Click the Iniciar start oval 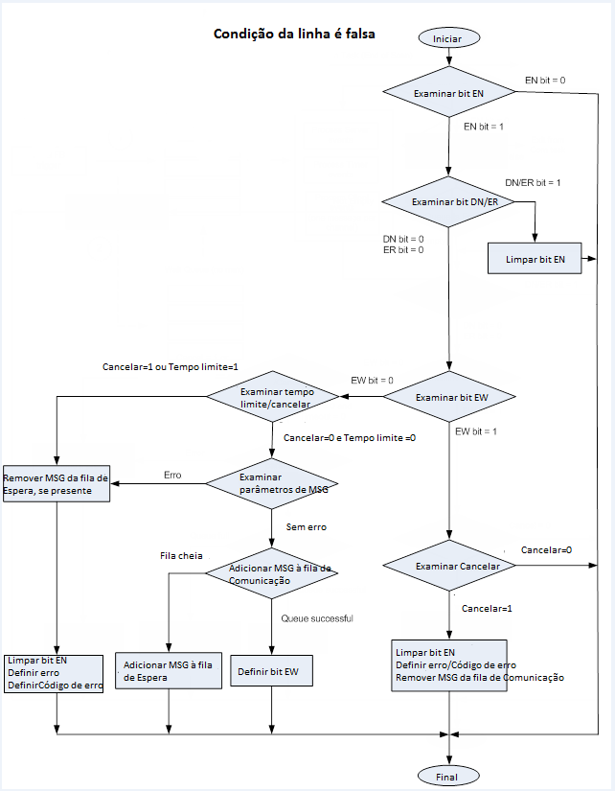(448, 38)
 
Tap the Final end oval (448, 776)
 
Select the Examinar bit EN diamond (448, 94)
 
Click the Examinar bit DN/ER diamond (448, 202)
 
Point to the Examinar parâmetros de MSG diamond (274, 483)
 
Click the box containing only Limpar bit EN (535, 259)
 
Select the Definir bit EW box (272, 672)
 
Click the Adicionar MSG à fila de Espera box (169, 671)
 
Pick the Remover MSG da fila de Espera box (57, 483)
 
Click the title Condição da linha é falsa (293, 34)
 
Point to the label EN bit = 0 (545, 80)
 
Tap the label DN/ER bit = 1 (533, 182)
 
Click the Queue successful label (317, 618)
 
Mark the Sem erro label (307, 526)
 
